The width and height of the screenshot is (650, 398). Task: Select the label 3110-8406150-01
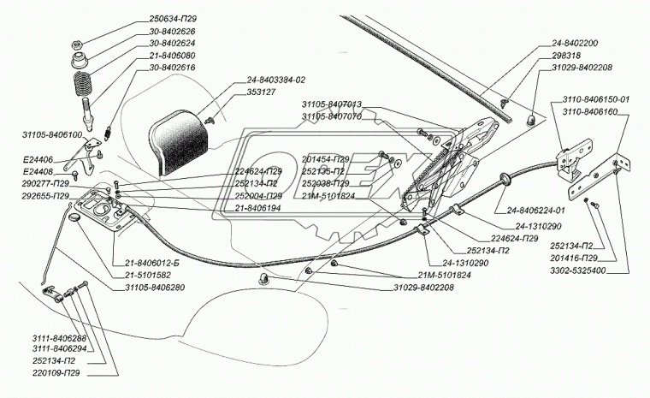[x=595, y=98]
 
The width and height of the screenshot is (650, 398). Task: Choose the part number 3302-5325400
[x=589, y=270]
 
